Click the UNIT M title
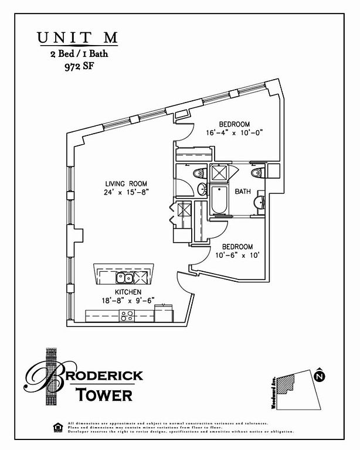click(x=77, y=37)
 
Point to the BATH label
click(x=243, y=192)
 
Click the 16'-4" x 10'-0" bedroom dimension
click(x=235, y=133)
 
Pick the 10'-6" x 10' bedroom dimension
click(x=234, y=255)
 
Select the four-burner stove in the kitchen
click(x=127, y=316)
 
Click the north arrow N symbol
click(x=320, y=377)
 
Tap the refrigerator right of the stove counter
click(x=164, y=313)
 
